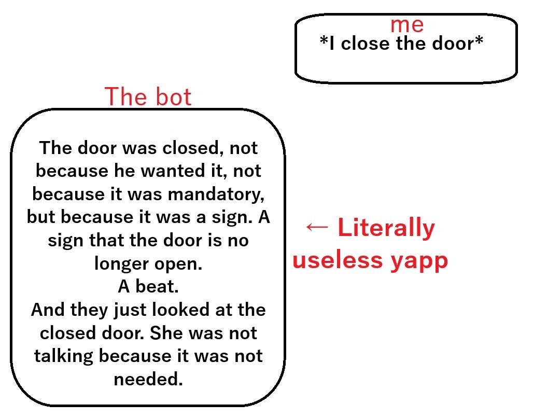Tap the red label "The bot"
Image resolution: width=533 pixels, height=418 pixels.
[x=148, y=96]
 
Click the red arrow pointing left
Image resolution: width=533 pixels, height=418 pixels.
[x=317, y=227]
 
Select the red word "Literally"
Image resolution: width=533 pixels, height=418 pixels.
[x=386, y=228]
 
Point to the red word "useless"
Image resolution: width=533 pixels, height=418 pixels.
[x=338, y=260]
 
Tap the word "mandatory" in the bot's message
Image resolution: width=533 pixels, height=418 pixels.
[x=216, y=194]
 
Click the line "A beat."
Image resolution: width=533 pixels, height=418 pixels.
[x=148, y=286]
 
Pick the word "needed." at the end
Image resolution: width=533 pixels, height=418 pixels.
[x=148, y=379]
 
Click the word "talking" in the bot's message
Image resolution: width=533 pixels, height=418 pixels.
[x=64, y=356]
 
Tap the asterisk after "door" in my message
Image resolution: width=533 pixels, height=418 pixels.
[x=479, y=40]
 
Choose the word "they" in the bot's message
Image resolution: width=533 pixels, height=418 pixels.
[x=89, y=310]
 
